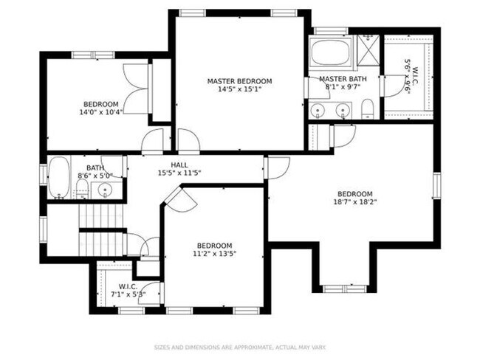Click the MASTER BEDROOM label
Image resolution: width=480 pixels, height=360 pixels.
click(x=239, y=81)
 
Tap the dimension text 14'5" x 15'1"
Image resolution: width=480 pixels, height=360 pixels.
click(x=239, y=89)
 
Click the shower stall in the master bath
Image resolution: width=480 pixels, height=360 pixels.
click(x=367, y=52)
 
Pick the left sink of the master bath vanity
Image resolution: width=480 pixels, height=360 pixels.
click(x=318, y=111)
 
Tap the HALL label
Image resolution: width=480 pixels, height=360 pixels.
click(x=179, y=165)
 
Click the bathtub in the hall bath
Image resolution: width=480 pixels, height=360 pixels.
click(x=59, y=179)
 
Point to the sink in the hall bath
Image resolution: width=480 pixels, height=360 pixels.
click(x=106, y=190)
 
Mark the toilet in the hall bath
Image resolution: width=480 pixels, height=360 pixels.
click(x=83, y=191)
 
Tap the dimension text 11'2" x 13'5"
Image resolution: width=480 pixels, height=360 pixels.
click(x=214, y=254)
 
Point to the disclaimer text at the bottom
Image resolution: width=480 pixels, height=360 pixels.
click(x=239, y=346)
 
